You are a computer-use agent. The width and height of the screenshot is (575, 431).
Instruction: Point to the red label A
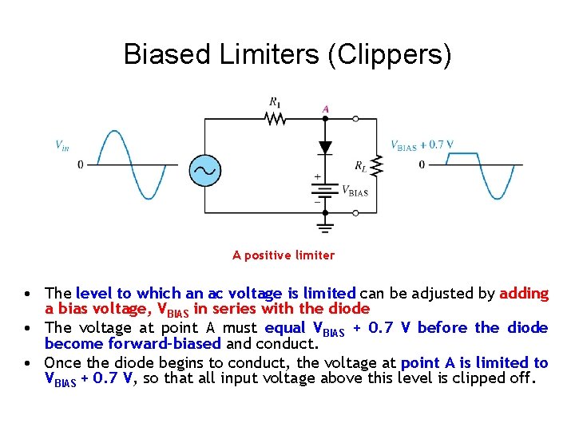pos(325,108)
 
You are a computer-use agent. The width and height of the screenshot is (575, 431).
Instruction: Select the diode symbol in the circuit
pos(325,148)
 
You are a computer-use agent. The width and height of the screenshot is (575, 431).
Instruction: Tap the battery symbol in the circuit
pos(325,191)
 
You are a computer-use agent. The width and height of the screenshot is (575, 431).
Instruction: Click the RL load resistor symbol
pos(378,165)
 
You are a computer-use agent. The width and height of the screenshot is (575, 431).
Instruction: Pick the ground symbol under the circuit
pos(325,226)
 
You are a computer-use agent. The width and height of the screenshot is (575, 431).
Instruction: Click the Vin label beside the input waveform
pos(61,145)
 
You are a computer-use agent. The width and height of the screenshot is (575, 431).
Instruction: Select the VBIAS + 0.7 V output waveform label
pos(422,144)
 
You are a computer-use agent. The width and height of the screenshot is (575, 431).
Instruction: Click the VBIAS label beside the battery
pos(355,192)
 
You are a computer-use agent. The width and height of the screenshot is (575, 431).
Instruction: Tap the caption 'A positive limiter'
pos(284,255)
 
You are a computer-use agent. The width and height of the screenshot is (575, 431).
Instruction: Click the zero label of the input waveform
pos(80,165)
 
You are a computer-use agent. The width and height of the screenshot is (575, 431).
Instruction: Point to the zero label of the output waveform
pos(422,165)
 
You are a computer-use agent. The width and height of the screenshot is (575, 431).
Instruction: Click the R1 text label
pos(275,101)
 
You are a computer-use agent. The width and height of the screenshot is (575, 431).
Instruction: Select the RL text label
pos(362,166)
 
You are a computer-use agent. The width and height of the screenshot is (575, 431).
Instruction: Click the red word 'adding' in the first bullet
pos(524,293)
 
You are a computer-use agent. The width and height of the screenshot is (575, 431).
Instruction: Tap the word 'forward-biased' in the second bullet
pos(133,344)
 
